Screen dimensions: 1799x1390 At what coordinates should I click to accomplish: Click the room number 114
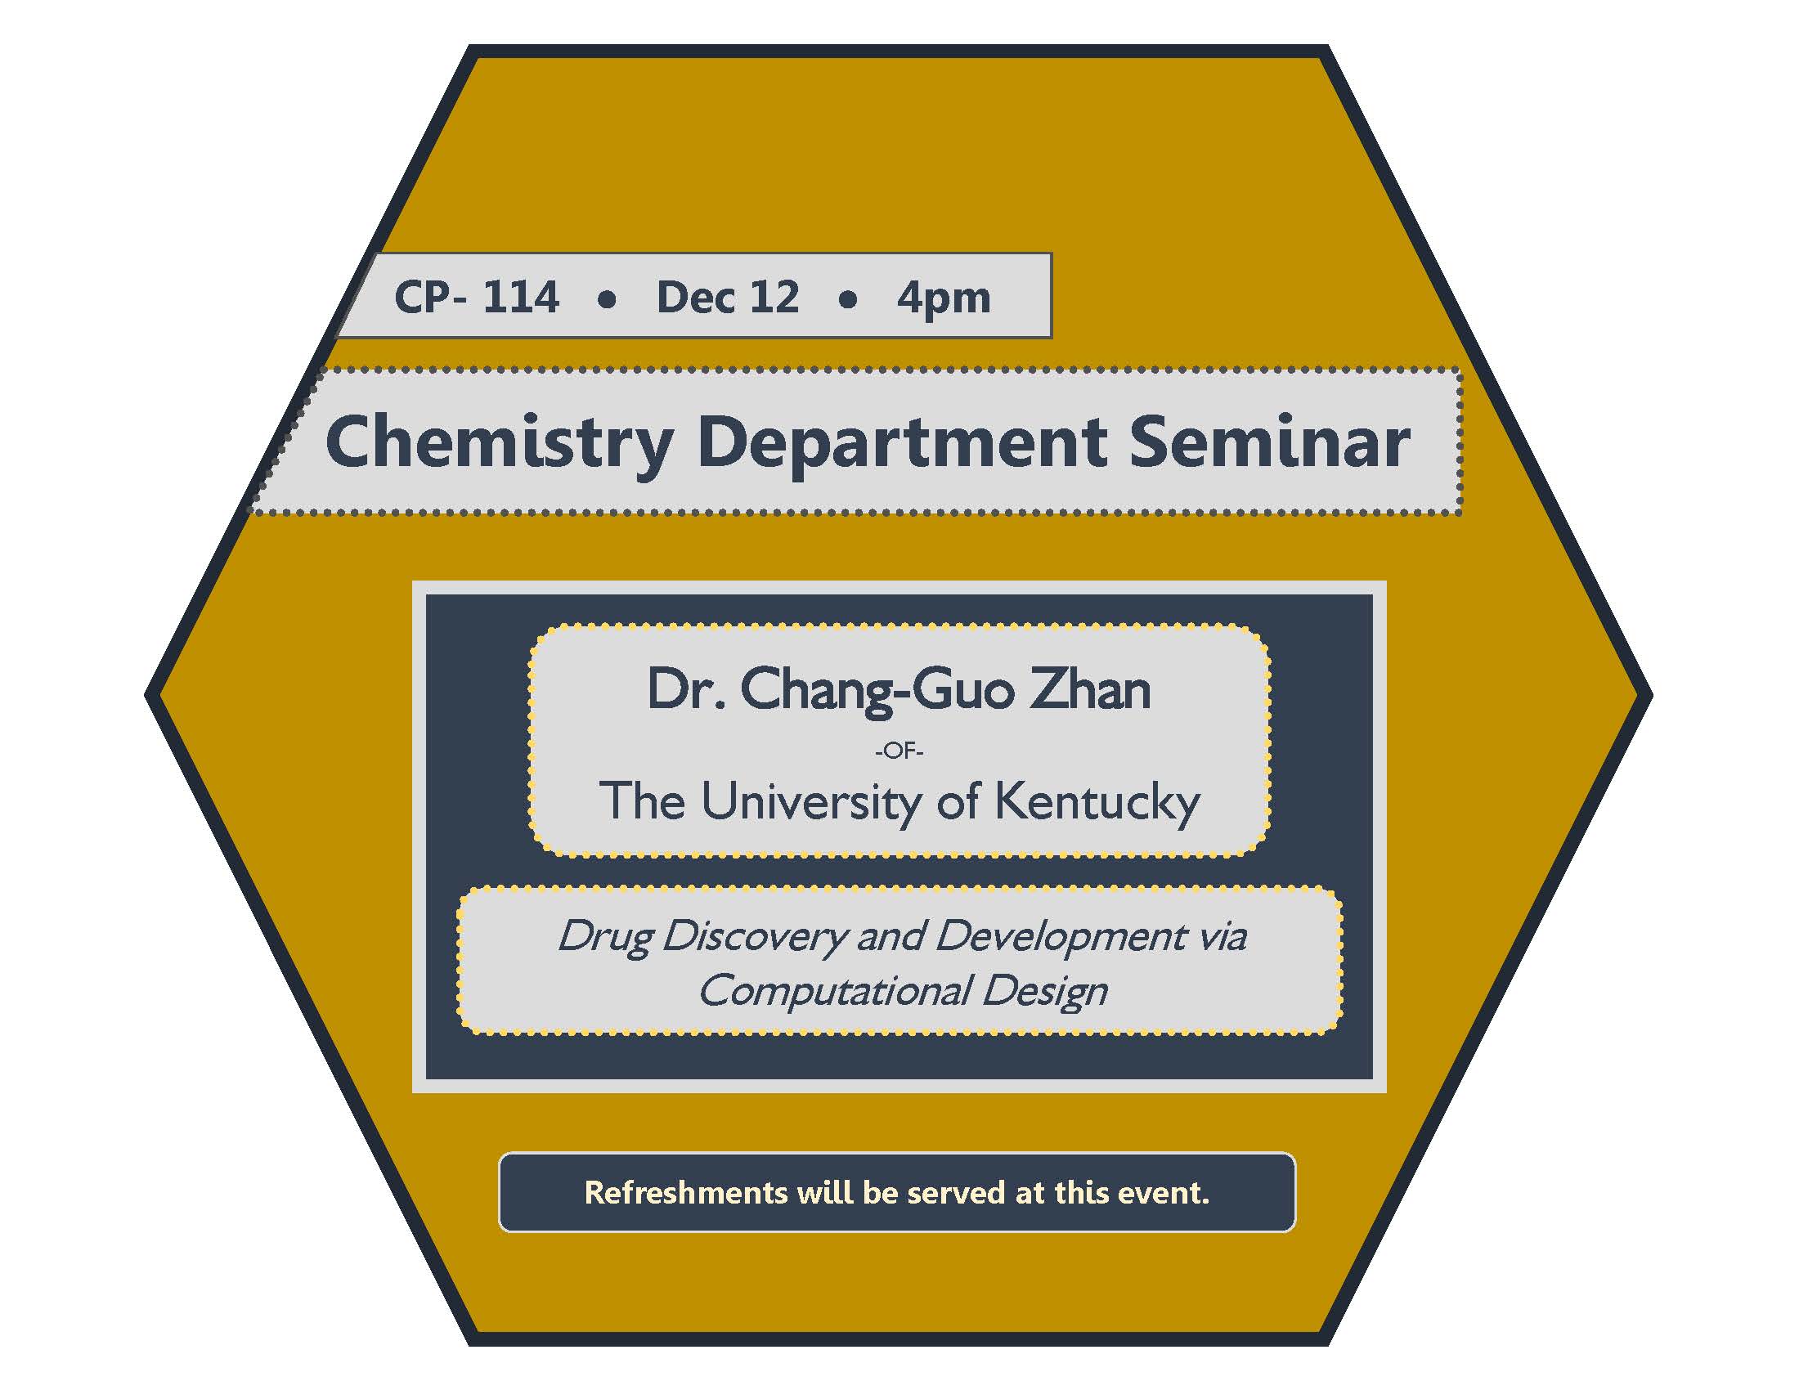(521, 297)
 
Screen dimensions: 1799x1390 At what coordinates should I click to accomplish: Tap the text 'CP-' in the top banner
(431, 297)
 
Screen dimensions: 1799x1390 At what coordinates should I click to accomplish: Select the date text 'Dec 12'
(727, 297)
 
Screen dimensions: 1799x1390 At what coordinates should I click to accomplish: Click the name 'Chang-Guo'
(876, 692)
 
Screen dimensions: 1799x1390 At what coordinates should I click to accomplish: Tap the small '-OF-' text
(899, 751)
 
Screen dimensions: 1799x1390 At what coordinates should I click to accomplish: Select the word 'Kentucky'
(1097, 803)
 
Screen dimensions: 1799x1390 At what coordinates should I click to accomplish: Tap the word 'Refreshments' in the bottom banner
(685, 1192)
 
